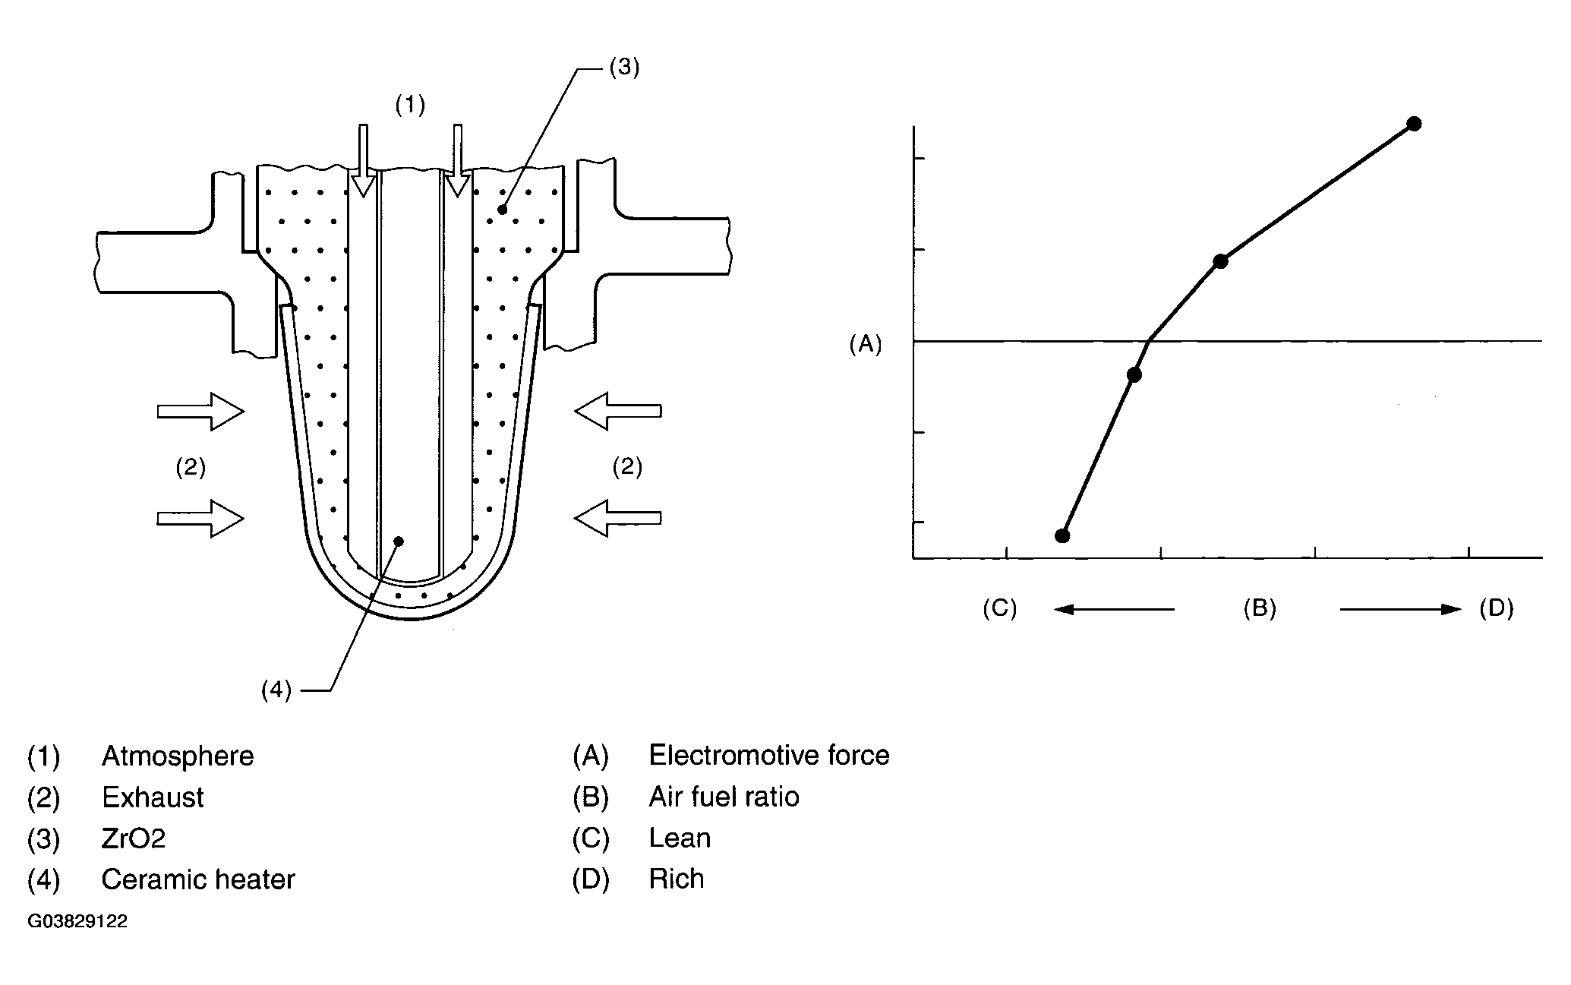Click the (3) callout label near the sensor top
[624, 68]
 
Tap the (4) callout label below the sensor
[276, 690]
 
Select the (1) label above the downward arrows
[410, 105]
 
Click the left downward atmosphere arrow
[364, 160]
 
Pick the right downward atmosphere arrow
[457, 160]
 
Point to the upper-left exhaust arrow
[200, 412]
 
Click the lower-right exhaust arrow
[618, 518]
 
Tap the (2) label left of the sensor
[191, 466]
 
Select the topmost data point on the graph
[1414, 124]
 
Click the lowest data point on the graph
[1063, 535]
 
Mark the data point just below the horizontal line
[1134, 374]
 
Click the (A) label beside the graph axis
[866, 345]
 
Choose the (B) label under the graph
[1260, 608]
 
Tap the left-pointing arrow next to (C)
[1114, 609]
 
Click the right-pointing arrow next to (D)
[1400, 609]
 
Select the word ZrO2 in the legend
[134, 838]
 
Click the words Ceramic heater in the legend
[198, 879]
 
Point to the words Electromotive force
[768, 756]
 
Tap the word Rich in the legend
[677, 879]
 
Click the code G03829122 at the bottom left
[77, 922]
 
